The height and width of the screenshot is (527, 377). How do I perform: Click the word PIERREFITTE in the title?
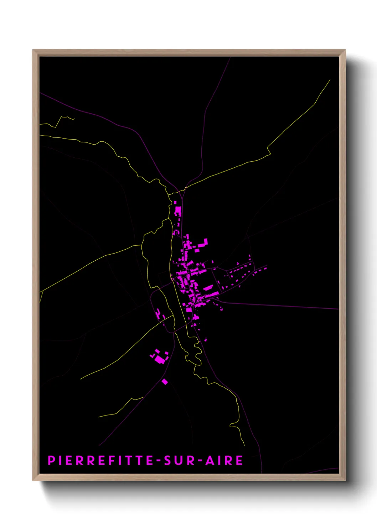pyautogui.click(x=100, y=460)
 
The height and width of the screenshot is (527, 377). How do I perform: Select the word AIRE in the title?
pyautogui.click(x=225, y=460)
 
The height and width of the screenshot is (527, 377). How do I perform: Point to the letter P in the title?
pyautogui.click(x=51, y=460)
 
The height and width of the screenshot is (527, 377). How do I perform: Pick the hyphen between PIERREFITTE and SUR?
pyautogui.click(x=159, y=461)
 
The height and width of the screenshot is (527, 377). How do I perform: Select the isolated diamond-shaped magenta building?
pyautogui.click(x=165, y=382)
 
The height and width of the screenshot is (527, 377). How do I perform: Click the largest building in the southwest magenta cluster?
pyautogui.click(x=160, y=360)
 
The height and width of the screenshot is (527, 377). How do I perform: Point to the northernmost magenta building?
pyautogui.click(x=175, y=202)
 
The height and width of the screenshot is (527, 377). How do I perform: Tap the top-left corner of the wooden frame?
pyautogui.click(x=33, y=51)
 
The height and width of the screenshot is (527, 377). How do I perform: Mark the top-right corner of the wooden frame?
pyautogui.click(x=345, y=51)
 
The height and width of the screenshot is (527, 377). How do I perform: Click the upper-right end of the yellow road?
pyautogui.click(x=330, y=80)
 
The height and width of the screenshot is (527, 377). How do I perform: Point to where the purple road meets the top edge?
pyautogui.click(x=230, y=57)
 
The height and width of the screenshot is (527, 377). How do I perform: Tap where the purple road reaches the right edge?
pyautogui.click(x=338, y=309)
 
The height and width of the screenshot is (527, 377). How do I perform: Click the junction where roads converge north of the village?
pyautogui.click(x=181, y=191)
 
